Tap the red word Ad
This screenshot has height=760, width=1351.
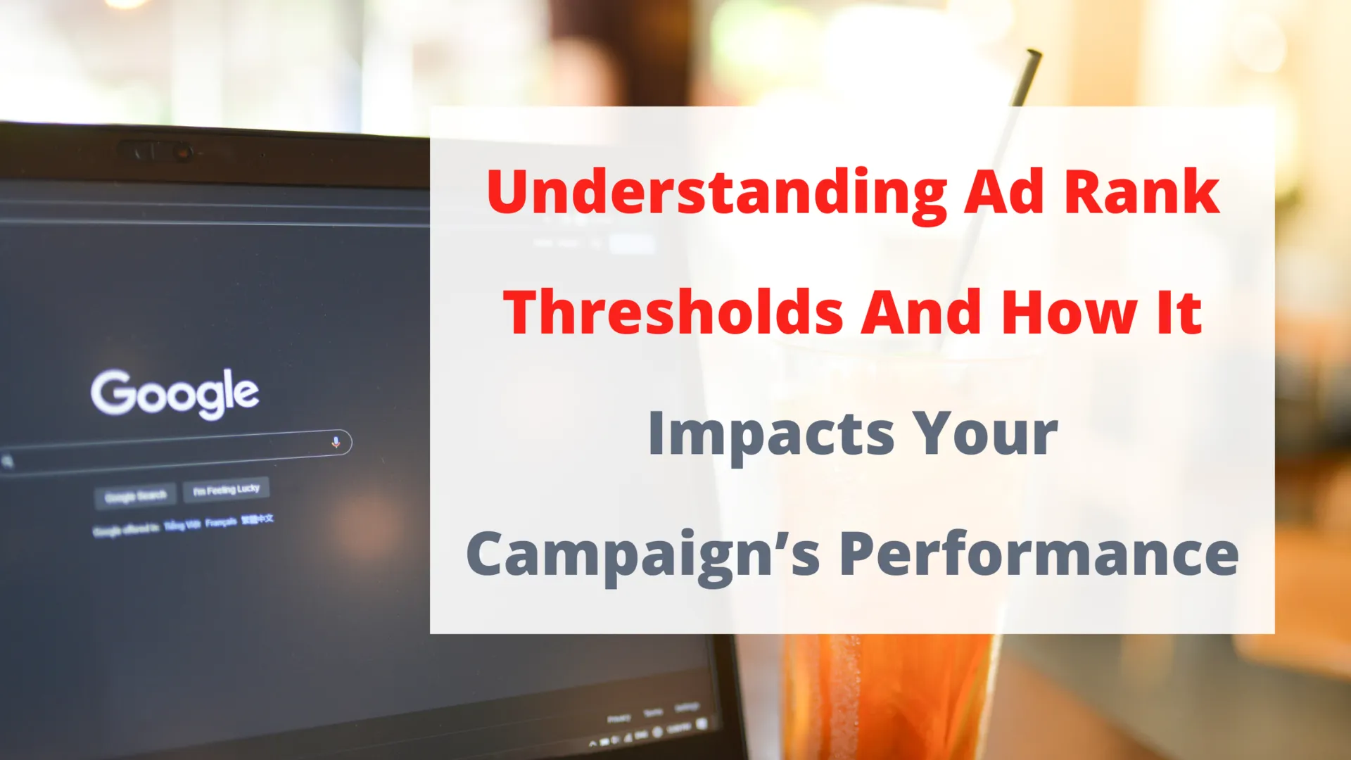1003,191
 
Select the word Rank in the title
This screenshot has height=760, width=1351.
1141,191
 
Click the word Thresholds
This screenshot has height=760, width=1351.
673,312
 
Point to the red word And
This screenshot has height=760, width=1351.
922,312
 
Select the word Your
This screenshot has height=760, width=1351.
985,433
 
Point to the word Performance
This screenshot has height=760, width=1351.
1039,555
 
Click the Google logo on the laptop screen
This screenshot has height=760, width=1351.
175,394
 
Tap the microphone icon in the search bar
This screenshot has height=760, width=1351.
336,442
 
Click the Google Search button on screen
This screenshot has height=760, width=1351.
136,496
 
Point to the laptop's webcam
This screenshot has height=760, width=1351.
182,152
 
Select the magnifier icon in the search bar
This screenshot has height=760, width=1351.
8,462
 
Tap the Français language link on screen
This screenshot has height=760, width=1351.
221,522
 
